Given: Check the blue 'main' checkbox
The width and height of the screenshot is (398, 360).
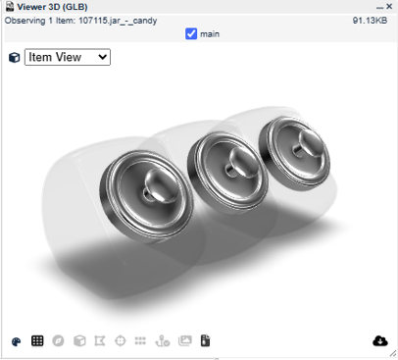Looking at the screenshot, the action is click(191, 33).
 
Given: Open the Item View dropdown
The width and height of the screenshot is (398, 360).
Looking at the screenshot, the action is click(68, 57).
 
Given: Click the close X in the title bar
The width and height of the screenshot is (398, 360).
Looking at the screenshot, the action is click(389, 6).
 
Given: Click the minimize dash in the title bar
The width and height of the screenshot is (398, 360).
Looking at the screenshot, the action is click(379, 8).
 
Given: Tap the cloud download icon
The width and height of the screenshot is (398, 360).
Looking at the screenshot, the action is click(380, 340).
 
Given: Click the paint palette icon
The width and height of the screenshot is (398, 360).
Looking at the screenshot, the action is click(16, 341).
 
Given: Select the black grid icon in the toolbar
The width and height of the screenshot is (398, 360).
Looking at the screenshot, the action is click(37, 340).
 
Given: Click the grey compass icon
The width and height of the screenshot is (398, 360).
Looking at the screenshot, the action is click(58, 340).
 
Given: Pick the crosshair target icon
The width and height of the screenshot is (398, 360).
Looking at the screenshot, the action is click(121, 341).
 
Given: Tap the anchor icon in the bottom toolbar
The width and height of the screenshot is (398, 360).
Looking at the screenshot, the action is click(163, 341).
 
